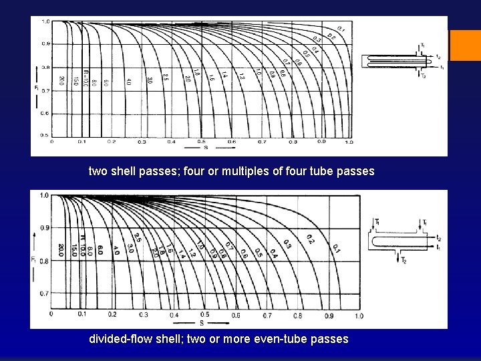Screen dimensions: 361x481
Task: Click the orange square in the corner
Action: (x=466, y=45)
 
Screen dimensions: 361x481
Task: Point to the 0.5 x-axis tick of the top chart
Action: (x=201, y=142)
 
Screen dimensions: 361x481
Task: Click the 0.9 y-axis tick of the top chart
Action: (x=45, y=43)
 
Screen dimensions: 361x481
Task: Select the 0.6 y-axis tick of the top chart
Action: (x=45, y=113)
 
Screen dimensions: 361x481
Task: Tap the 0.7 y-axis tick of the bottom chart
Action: (x=45, y=293)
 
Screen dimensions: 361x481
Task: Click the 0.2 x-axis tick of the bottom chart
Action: (x=113, y=314)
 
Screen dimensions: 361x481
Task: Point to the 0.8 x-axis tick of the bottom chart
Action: (x=298, y=315)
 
